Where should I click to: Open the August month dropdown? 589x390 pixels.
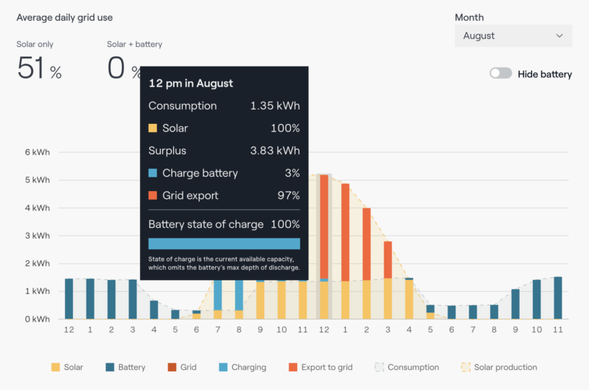coord(512,36)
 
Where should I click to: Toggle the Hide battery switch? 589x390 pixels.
coord(500,74)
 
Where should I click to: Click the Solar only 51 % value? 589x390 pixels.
coord(39,68)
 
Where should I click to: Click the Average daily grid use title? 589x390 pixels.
coord(64,17)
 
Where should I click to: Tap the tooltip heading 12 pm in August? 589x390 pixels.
coord(191,83)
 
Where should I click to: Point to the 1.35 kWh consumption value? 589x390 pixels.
coord(274,106)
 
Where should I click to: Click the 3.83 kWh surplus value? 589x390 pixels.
coord(274,151)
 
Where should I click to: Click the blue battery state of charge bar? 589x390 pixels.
coord(224,244)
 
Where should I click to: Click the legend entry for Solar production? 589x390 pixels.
coord(499,367)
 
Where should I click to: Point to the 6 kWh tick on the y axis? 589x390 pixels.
coord(38,152)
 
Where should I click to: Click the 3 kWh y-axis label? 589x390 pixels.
coord(38,236)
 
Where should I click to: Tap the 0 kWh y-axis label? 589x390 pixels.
coord(38,319)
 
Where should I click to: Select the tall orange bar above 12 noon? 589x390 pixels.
coord(324,223)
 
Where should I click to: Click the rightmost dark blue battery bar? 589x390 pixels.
coord(557,298)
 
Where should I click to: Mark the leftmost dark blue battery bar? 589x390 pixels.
coord(69,298)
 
